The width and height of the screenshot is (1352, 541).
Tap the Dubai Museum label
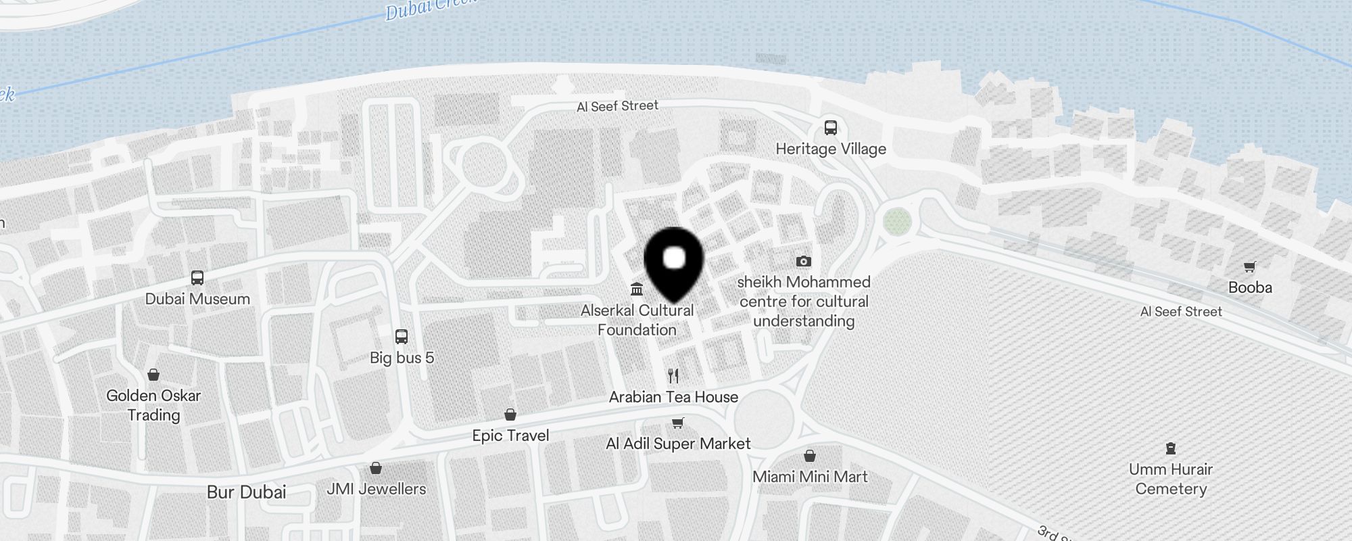click(x=197, y=299)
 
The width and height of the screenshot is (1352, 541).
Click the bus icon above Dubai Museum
click(x=197, y=278)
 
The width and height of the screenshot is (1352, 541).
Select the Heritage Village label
click(x=831, y=149)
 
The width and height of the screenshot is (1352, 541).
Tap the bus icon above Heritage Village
click(x=831, y=128)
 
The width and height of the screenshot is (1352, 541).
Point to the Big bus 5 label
click(x=402, y=358)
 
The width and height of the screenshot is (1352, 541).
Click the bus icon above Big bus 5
click(x=402, y=337)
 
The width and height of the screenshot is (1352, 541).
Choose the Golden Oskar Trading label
click(x=153, y=405)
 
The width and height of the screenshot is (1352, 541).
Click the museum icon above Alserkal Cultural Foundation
click(x=637, y=290)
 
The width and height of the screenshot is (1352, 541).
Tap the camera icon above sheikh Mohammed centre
click(x=804, y=261)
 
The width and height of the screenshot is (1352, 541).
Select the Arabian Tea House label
click(x=673, y=397)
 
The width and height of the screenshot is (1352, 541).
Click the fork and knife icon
click(x=673, y=376)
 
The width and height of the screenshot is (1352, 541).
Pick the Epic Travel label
click(x=510, y=436)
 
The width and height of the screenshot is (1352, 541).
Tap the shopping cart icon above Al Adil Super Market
click(x=678, y=423)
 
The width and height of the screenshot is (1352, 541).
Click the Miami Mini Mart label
click(x=810, y=477)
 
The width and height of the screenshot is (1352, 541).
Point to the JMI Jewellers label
click(x=377, y=489)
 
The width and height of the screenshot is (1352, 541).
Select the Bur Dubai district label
click(x=247, y=492)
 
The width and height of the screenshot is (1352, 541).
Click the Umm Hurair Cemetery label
click(x=1171, y=479)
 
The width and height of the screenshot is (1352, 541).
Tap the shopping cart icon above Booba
click(x=1250, y=266)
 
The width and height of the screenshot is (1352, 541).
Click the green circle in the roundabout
click(x=897, y=220)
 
